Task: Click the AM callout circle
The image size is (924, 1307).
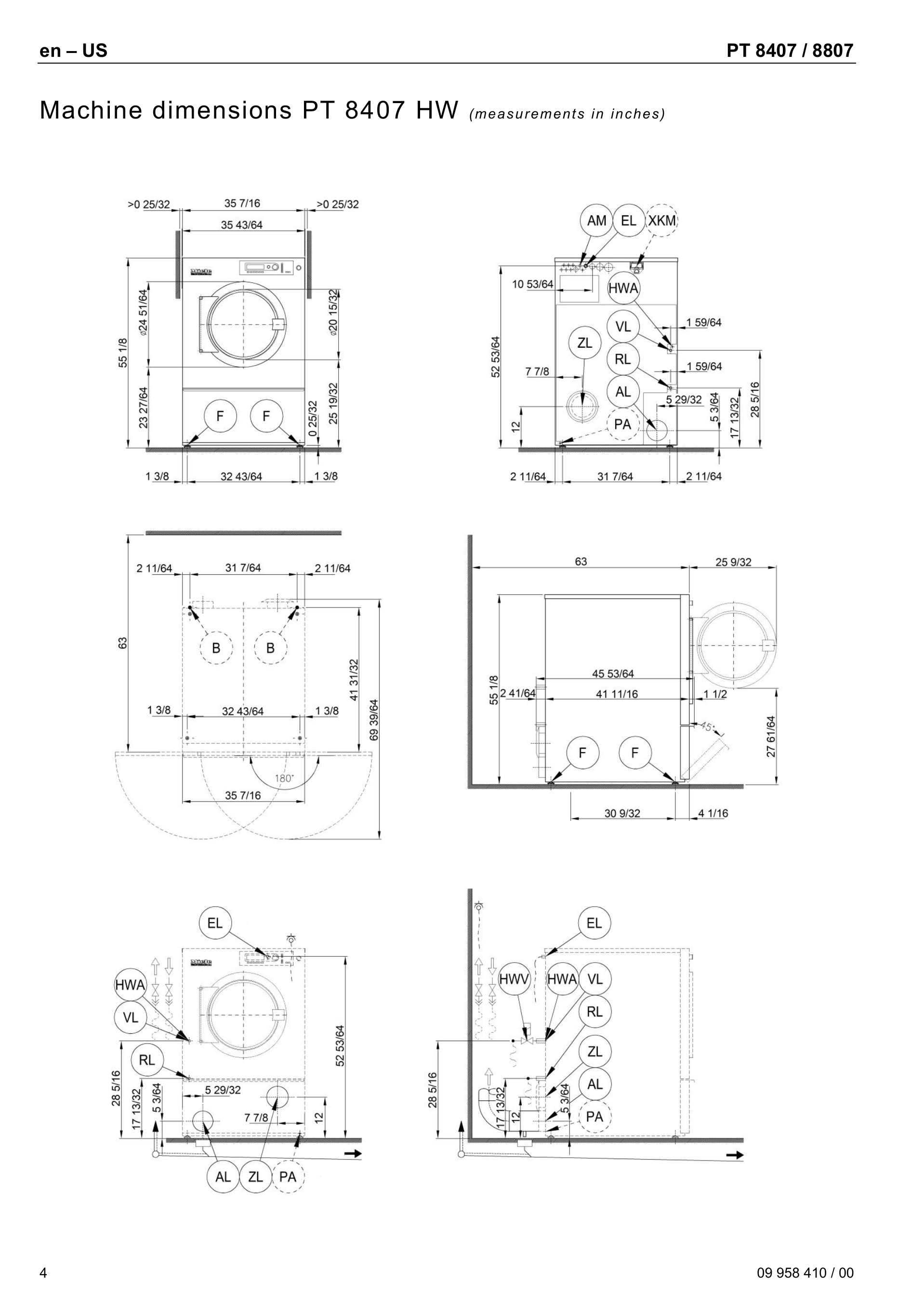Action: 596,220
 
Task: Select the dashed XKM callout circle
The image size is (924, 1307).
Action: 661,220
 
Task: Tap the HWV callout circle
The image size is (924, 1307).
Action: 514,979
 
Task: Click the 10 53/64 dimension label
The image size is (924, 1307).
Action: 532,284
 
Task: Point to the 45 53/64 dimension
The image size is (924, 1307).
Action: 613,673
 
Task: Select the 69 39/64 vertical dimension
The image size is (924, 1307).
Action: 374,720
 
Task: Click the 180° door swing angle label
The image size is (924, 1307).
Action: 284,778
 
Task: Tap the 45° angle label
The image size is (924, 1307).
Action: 707,727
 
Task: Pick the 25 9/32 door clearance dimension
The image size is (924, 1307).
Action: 733,562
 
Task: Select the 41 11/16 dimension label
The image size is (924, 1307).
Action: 617,694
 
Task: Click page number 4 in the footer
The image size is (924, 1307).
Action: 43,1272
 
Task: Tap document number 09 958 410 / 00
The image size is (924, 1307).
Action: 805,1272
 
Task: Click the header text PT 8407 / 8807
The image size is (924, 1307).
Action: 790,51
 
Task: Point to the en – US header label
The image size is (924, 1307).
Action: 73,51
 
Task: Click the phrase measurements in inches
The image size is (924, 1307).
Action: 567,114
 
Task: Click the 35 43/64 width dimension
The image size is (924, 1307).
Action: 241,225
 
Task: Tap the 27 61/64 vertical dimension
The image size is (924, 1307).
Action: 771,736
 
